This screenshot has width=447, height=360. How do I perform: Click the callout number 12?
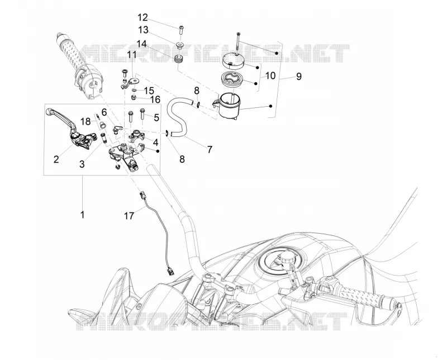(143, 18)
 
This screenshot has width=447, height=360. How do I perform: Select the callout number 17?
(129, 216)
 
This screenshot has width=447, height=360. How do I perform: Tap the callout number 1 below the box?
(82, 215)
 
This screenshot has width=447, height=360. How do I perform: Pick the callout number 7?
(210, 149)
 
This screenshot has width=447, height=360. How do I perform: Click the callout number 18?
(85, 121)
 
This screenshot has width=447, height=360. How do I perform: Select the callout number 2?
(56, 159)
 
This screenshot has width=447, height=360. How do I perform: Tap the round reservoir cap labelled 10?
(232, 60)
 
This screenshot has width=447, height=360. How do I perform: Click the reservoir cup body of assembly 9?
(230, 105)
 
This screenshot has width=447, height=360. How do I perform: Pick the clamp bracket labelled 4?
(137, 135)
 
